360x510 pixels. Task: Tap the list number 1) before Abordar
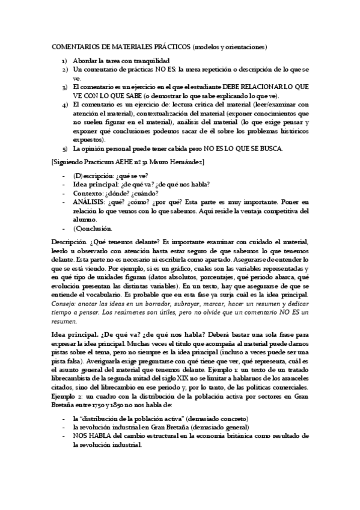(64, 61)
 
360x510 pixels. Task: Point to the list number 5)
(64, 148)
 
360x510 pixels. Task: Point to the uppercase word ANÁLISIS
(90, 203)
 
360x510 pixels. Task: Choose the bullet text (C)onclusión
(93, 229)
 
